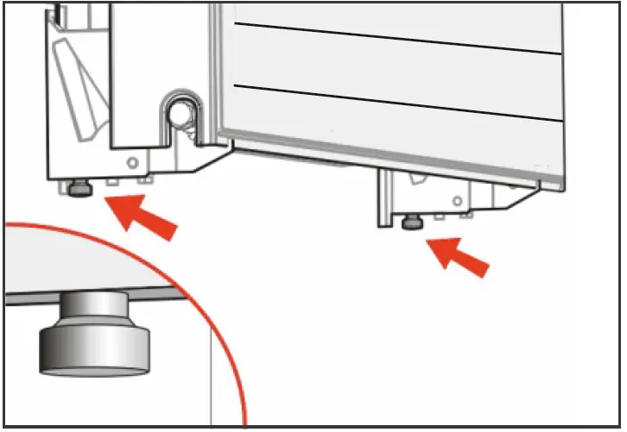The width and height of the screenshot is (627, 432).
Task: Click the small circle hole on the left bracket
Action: click(x=132, y=162)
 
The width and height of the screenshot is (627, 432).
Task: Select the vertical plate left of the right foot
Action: click(x=385, y=198)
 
